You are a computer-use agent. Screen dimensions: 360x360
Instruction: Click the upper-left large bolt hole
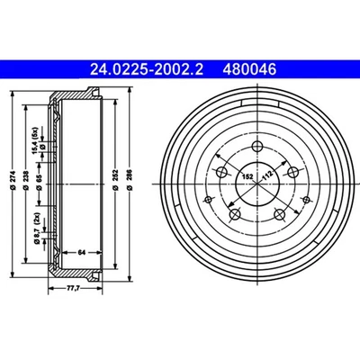point(219,167)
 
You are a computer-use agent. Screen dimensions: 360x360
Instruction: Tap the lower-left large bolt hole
point(235,214)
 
